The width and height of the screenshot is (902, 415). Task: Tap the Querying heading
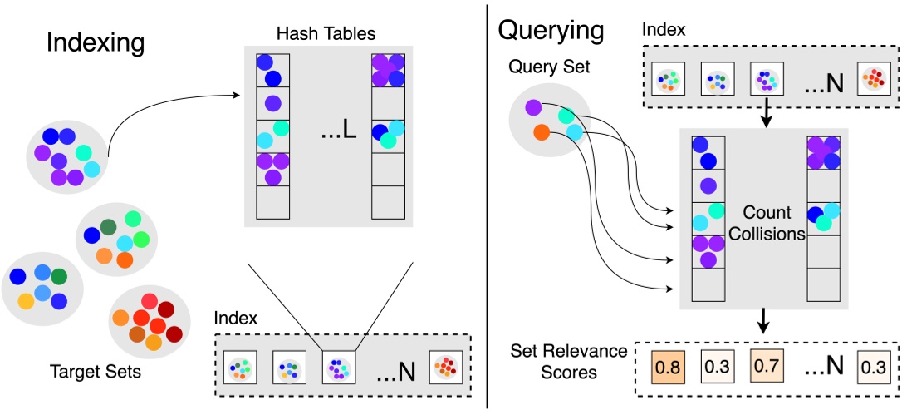point(551,31)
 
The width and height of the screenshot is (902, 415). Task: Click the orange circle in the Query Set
point(541,131)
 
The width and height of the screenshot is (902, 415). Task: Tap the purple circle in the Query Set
point(534,106)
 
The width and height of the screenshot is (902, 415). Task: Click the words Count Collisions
point(767,223)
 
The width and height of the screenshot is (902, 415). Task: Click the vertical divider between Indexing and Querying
point(488,208)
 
